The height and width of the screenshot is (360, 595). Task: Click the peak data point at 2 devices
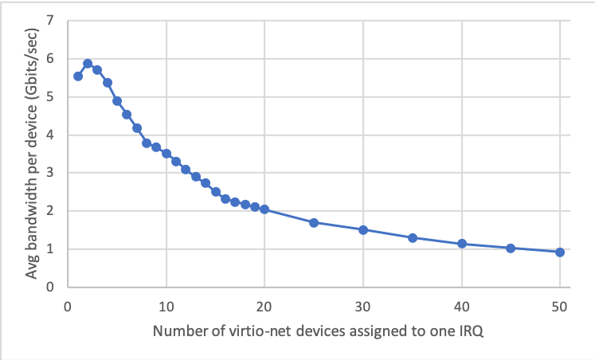(x=88, y=64)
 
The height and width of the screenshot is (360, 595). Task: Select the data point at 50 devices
(x=559, y=252)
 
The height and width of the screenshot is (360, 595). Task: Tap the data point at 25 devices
(x=314, y=222)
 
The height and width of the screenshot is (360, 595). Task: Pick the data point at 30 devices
(x=363, y=229)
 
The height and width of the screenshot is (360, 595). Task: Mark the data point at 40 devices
(x=461, y=244)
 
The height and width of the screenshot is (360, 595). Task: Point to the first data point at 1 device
(x=78, y=76)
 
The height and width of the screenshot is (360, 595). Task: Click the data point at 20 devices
(x=264, y=209)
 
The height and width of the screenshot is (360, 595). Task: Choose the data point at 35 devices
(x=413, y=237)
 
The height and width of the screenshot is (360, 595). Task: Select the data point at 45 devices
(x=511, y=248)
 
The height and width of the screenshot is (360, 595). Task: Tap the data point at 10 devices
(x=166, y=153)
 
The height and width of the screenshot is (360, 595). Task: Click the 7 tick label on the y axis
(x=51, y=21)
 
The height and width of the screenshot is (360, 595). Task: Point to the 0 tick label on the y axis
(x=51, y=287)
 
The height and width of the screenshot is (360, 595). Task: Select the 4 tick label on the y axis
(x=51, y=135)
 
